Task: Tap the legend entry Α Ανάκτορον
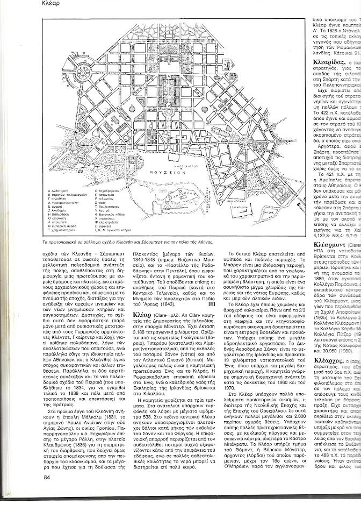(x=59, y=205)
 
